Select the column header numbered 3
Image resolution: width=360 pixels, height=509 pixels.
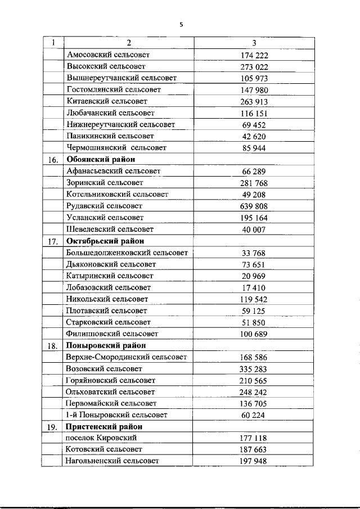[254, 43]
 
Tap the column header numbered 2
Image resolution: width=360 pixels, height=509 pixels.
[129, 43]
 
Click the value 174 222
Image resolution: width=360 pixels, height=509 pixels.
[254, 55]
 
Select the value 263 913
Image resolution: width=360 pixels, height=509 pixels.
[254, 102]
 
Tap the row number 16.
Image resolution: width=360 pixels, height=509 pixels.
[53, 160]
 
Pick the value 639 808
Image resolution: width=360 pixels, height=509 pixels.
[254, 206]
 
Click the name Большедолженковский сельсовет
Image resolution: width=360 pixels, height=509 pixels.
[127, 253]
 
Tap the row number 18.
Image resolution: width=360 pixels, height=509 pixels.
[53, 346]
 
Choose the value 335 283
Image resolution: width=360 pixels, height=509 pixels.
[254, 370]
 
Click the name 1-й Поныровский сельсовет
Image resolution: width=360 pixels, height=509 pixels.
[116, 415]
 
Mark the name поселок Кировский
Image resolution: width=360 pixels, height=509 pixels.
[101, 438]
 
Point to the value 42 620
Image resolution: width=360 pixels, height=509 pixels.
[254, 137]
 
